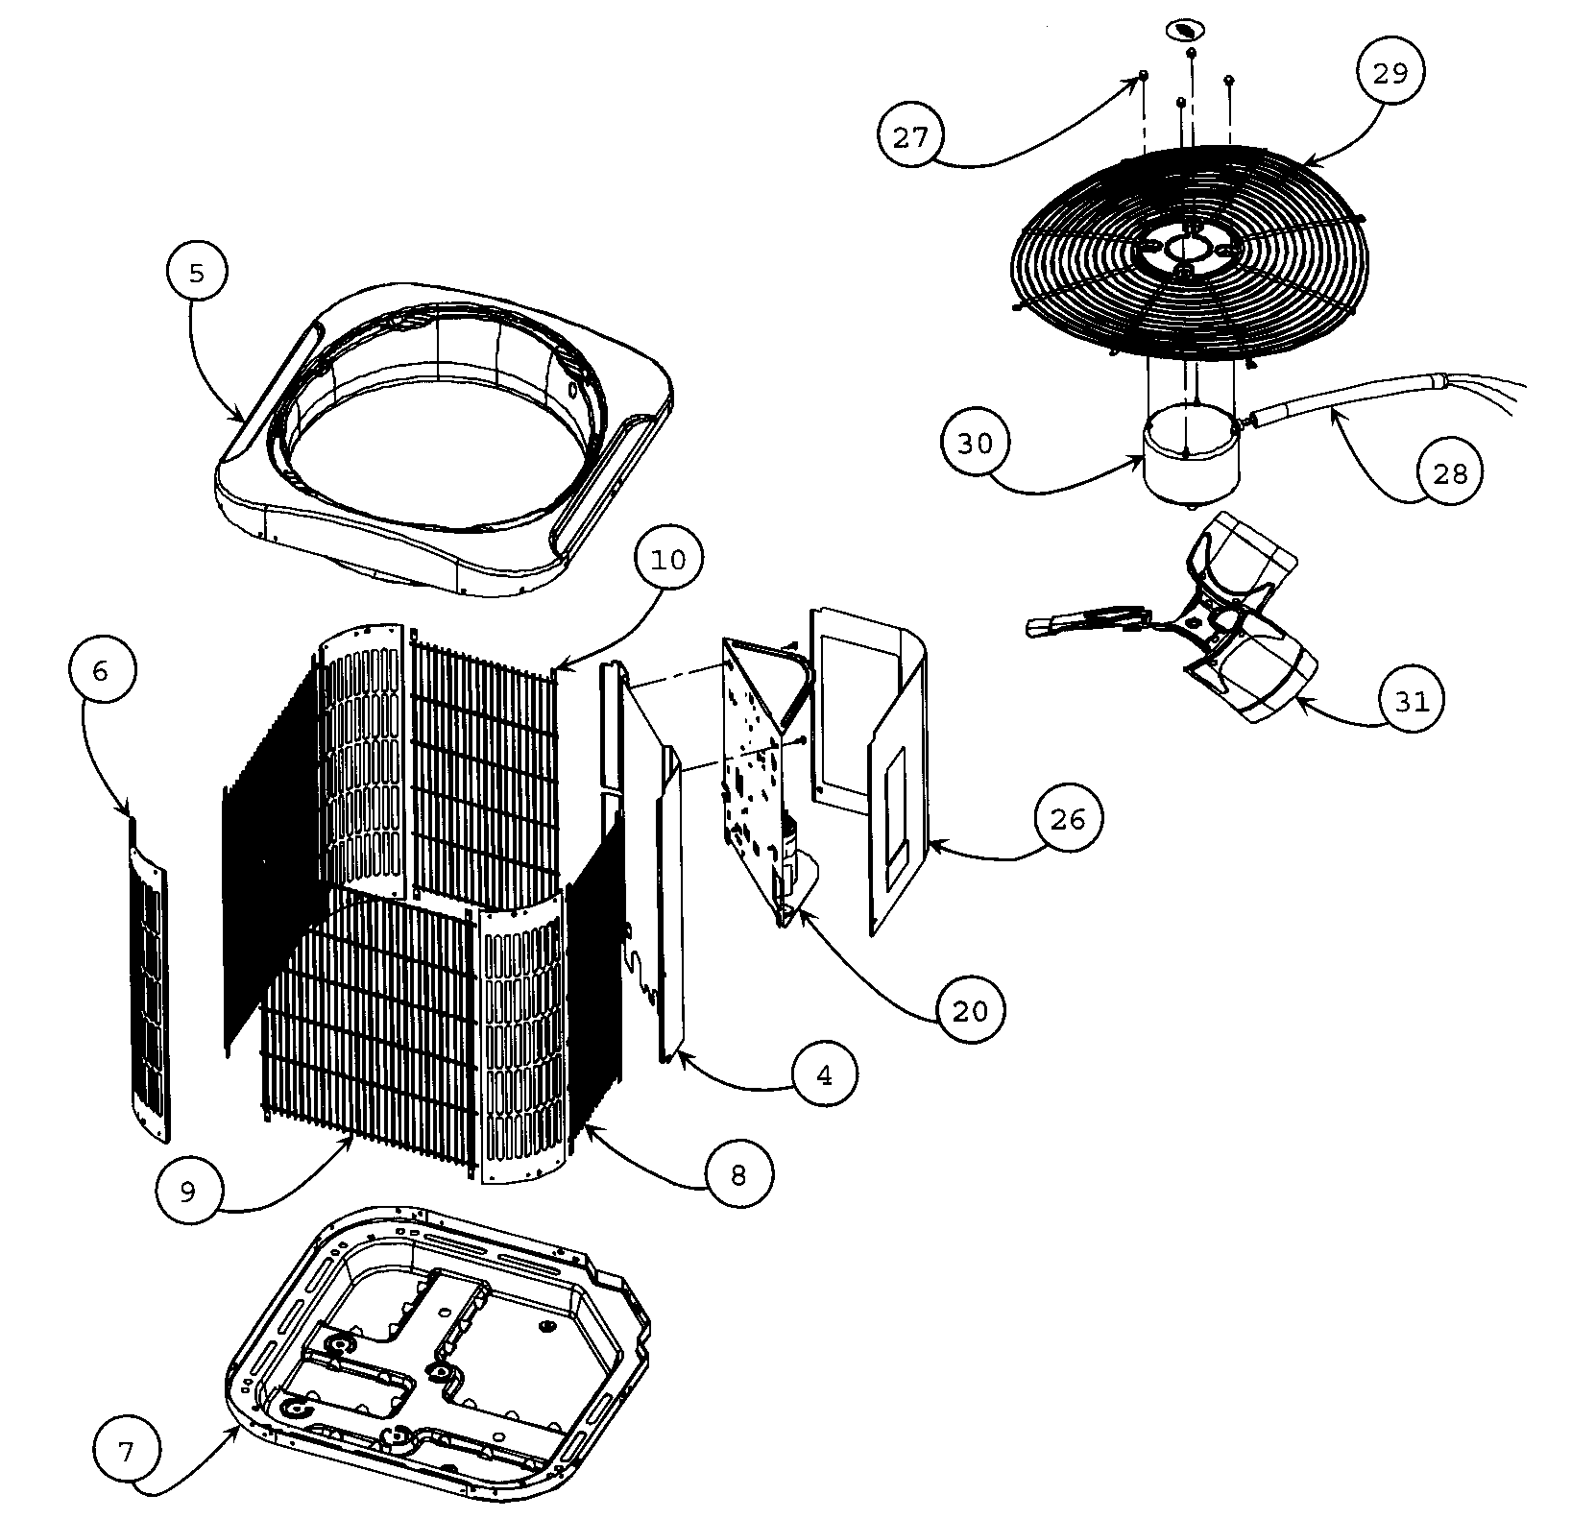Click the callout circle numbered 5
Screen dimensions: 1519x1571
(195, 274)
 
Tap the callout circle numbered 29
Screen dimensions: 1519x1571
(1390, 73)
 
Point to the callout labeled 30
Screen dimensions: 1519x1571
(975, 444)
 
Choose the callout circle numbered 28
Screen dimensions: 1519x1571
(1450, 472)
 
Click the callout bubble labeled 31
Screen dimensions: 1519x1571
(1412, 701)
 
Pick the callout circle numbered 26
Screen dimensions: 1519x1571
(1068, 819)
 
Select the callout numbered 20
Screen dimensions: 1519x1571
(971, 1010)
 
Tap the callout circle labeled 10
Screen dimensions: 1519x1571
(669, 559)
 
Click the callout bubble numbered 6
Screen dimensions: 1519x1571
(100, 670)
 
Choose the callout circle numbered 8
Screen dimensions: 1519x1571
(737, 1175)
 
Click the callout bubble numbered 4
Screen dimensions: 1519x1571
(825, 1075)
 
